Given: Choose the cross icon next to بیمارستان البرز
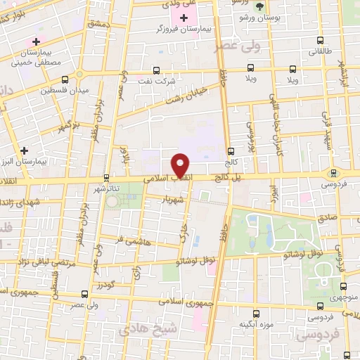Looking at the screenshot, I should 25,150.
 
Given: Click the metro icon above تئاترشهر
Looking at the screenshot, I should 106,178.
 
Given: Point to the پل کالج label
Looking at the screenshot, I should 226,179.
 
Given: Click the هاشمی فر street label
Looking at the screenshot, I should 129,240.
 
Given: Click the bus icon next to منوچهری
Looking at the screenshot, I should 344,285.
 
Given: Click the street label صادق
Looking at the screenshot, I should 328,219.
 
